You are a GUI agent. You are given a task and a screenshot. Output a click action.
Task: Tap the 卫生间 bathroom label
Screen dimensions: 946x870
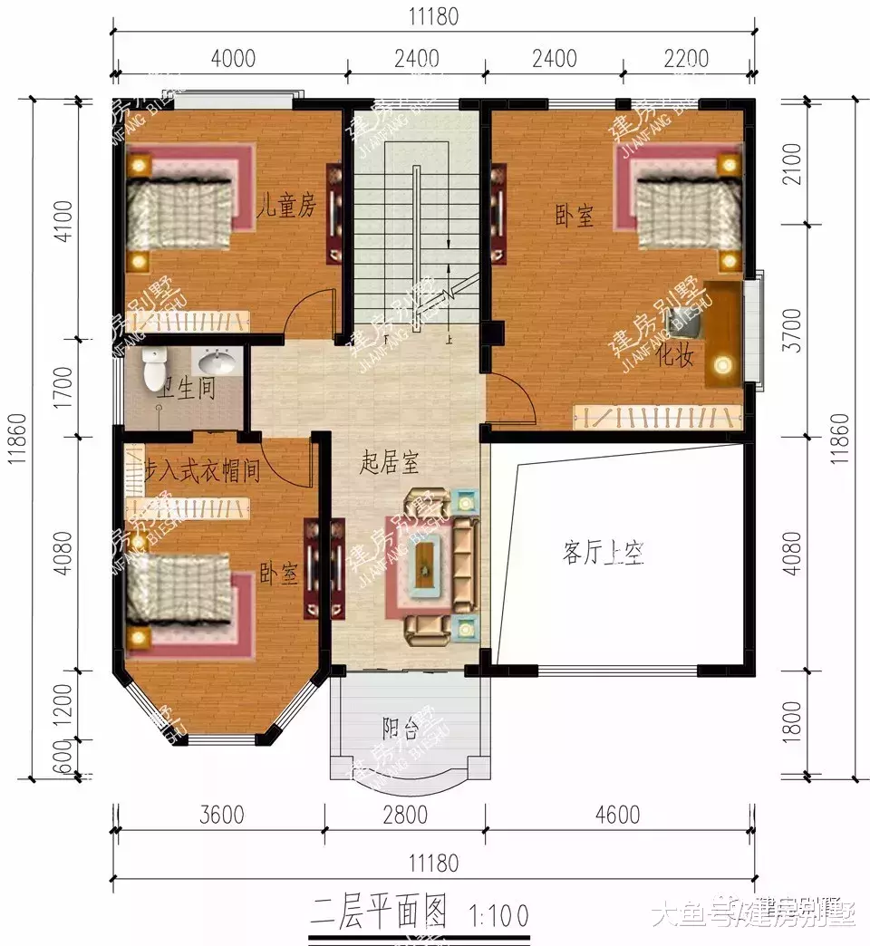pos(186,390)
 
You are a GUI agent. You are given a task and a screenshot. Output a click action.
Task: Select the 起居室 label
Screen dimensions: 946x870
pos(390,464)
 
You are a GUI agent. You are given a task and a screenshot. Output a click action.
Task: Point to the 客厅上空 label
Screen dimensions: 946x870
pos(603,553)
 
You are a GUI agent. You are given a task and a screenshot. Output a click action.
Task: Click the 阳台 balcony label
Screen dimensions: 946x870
pos(400,727)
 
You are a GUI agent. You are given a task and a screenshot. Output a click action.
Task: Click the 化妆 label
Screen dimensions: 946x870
pos(675,356)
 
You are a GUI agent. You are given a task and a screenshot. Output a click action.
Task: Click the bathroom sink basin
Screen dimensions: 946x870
pos(217,363)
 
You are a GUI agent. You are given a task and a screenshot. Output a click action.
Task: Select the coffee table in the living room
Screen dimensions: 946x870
pos(425,565)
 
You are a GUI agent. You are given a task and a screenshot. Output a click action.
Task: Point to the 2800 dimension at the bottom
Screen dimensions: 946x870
pos(404,814)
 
